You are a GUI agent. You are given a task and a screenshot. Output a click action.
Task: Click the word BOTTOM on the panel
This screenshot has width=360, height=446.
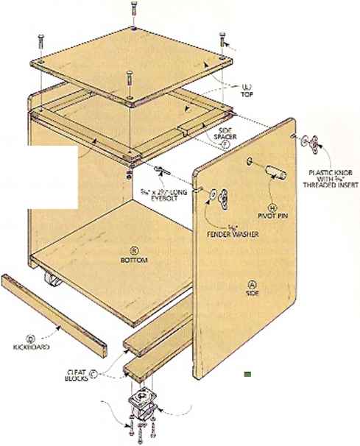coord(135,261)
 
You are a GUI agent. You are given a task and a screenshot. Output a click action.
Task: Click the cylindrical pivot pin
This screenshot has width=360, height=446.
coord(275,172)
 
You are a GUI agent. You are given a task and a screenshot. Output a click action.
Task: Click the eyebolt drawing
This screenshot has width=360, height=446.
coord(163,171)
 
